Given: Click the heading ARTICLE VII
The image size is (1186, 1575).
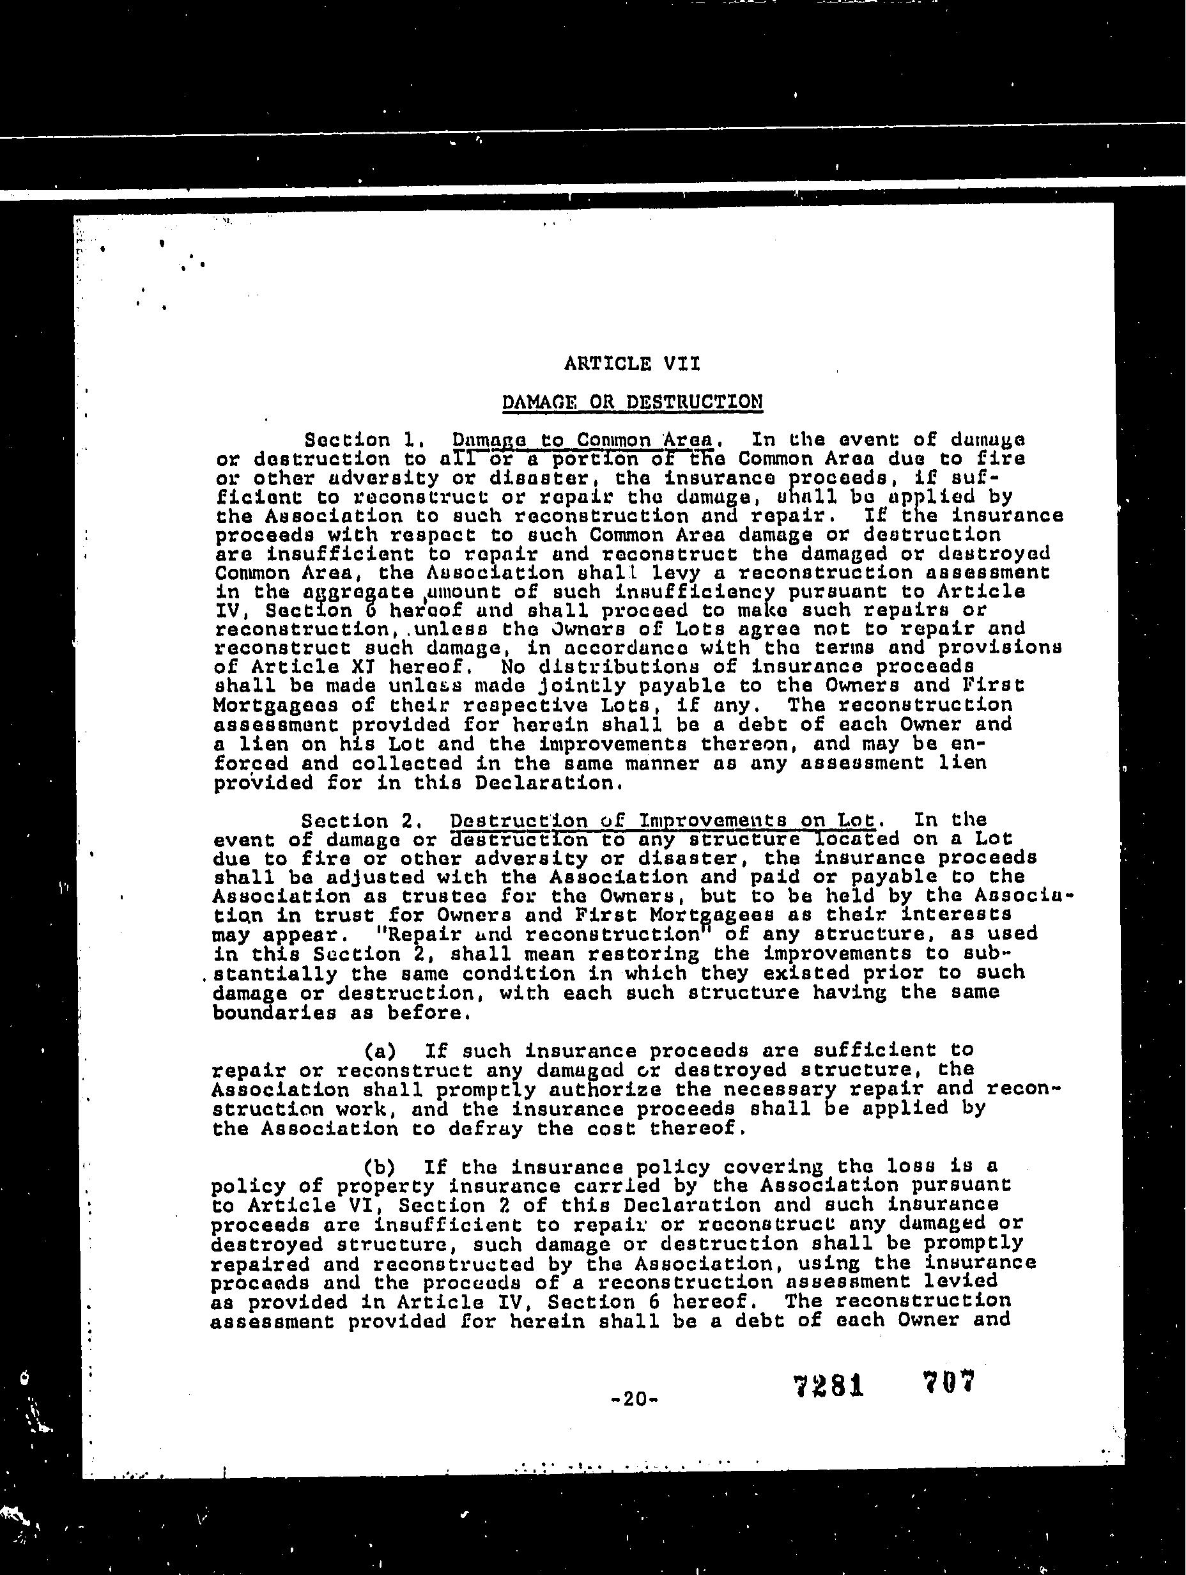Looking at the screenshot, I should pos(631,364).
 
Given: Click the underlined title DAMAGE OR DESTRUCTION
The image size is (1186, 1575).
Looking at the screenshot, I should pos(632,402).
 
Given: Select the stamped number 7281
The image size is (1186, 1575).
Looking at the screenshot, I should pos(828,1386).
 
